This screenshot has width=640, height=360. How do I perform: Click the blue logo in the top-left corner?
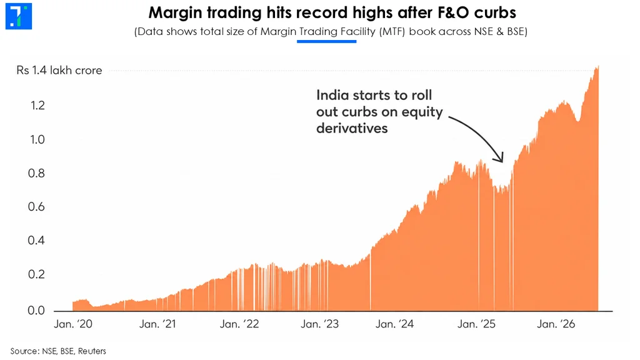click(18, 16)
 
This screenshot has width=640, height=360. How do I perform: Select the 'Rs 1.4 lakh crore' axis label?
click(59, 70)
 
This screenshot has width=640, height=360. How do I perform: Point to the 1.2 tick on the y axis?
click(37, 105)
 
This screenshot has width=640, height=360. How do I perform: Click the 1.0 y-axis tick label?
click(37, 139)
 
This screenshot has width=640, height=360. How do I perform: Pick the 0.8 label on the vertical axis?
click(36, 174)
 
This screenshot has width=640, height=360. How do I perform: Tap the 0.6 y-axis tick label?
click(36, 206)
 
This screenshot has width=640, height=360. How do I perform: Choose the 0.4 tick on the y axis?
click(36, 240)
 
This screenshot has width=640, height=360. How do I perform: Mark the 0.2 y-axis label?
click(36, 274)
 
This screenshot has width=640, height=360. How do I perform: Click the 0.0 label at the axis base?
click(36, 310)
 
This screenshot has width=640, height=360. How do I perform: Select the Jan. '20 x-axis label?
click(74, 324)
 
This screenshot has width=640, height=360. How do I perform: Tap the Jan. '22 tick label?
click(239, 324)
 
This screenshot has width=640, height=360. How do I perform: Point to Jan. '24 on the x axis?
click(395, 324)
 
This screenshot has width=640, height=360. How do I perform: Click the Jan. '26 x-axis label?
click(556, 324)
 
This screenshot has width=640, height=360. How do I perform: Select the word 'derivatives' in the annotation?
click(352, 128)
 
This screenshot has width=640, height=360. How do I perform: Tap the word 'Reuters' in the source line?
click(92, 351)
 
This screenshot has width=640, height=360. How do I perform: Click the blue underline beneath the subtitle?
click(326, 41)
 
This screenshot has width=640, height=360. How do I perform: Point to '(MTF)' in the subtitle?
click(392, 32)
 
